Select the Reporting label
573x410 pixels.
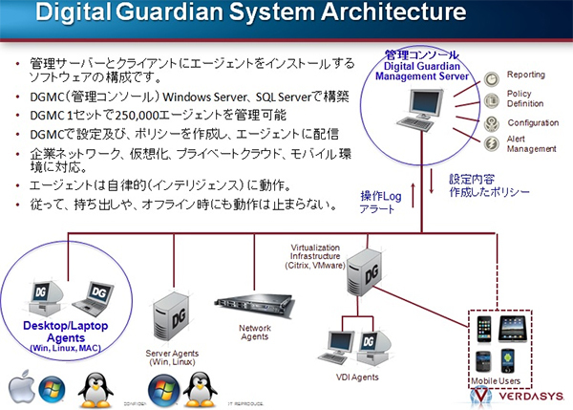526,74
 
